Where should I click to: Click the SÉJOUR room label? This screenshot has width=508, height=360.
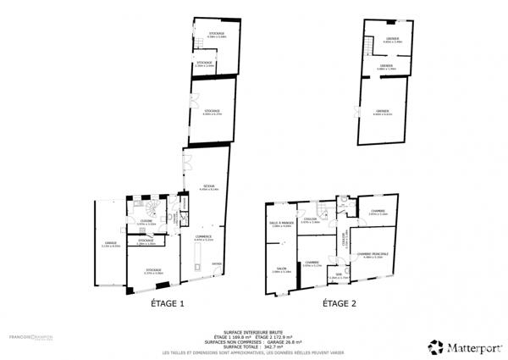(x=208, y=187)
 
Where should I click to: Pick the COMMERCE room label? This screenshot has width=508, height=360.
(x=202, y=237)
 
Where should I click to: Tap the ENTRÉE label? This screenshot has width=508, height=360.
(x=217, y=263)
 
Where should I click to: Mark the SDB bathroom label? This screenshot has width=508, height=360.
(x=338, y=275)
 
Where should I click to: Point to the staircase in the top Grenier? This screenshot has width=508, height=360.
(x=367, y=42)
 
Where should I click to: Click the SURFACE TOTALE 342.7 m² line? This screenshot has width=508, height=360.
(x=253, y=347)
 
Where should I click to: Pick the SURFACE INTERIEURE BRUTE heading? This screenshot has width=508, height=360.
(x=253, y=333)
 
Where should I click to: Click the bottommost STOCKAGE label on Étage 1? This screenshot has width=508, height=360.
(x=153, y=272)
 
